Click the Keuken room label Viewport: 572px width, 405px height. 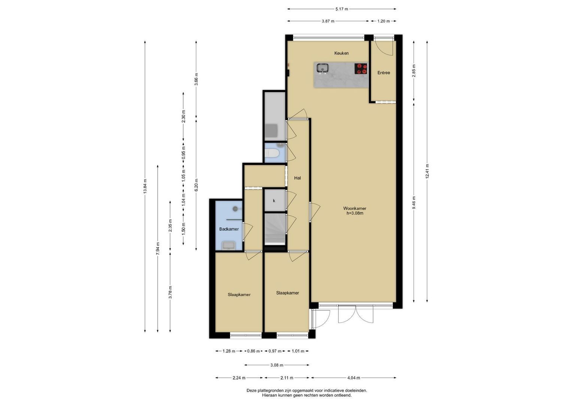tap(341, 53)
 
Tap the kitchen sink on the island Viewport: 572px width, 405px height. tap(323, 68)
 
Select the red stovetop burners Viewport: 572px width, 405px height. tap(361, 69)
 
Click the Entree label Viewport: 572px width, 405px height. tap(384, 73)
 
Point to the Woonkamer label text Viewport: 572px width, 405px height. tap(355, 208)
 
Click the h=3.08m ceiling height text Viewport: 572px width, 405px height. tap(355, 213)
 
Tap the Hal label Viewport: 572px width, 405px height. tap(297, 178)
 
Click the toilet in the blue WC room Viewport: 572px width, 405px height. tap(272, 153)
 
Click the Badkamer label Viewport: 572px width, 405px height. tap(229, 229)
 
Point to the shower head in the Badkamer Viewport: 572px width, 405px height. tap(235, 209)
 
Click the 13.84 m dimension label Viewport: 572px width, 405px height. tap(145, 186)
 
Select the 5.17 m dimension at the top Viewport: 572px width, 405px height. tap(342, 9)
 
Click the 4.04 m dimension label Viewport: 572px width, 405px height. tap(354, 378)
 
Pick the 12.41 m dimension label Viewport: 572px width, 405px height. tap(427, 171)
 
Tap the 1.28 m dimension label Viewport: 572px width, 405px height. tap(229, 351)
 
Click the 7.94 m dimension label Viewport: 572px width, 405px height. tap(158, 248)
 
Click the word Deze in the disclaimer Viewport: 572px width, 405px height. tap(251, 390)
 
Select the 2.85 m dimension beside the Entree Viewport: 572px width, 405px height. tap(414, 70)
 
